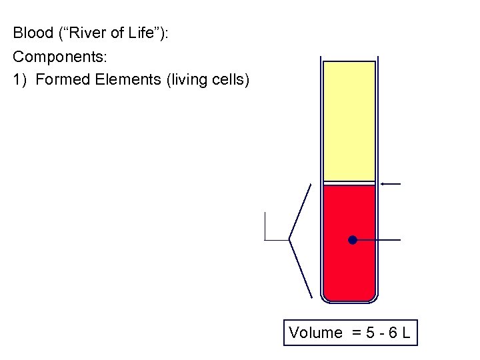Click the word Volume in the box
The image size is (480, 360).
315,333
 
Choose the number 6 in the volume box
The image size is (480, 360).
392,333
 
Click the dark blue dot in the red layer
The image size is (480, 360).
353,240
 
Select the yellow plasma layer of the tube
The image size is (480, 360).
349,120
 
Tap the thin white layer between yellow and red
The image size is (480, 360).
349,183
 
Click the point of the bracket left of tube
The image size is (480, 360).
289,239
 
